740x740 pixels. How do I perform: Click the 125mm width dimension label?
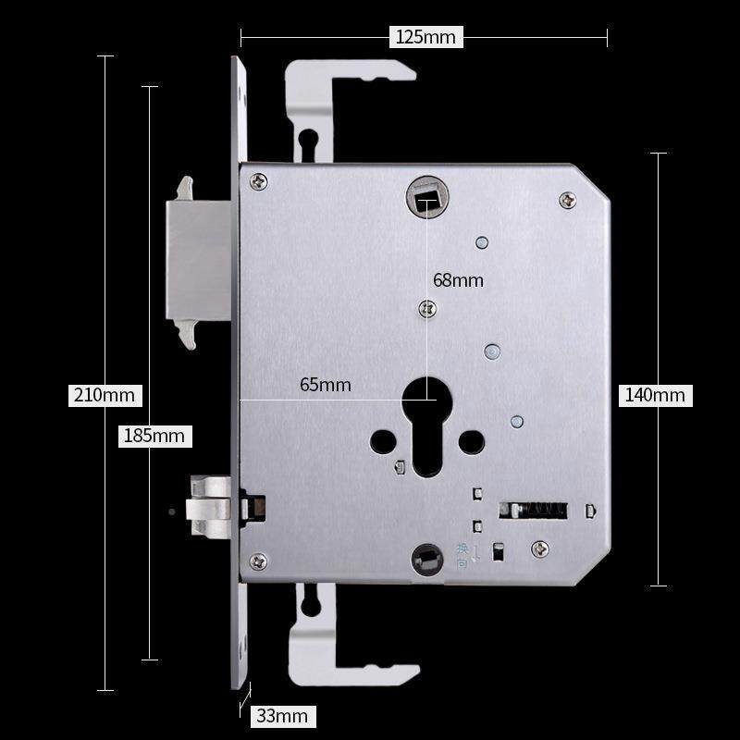click(425, 37)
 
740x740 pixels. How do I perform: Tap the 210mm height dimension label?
click(105, 395)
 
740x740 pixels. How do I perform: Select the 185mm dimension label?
click(154, 436)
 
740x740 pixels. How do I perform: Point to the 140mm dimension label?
click(656, 395)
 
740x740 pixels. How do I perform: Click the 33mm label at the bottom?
click(283, 716)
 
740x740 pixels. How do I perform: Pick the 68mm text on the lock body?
click(458, 280)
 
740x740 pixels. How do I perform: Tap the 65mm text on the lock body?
click(326, 385)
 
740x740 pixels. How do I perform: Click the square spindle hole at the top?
click(426, 197)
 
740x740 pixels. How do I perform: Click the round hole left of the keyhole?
click(383, 442)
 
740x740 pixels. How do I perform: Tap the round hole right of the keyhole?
click(472, 442)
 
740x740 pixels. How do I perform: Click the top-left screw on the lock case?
click(258, 181)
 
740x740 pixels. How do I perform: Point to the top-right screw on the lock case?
click(567, 200)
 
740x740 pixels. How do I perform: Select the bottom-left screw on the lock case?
click(258, 561)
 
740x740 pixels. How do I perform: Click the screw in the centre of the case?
click(427, 309)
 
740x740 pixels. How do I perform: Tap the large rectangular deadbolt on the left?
click(198, 261)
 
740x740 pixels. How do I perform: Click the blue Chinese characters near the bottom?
click(462, 556)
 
